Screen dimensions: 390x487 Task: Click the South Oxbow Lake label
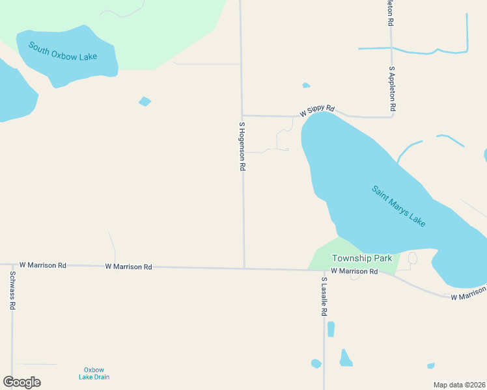pyautogui.click(x=63, y=51)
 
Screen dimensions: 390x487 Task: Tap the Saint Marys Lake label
pyautogui.click(x=398, y=207)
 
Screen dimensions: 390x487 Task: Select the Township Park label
pyautogui.click(x=361, y=258)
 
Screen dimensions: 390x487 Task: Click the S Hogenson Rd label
pyautogui.click(x=242, y=146)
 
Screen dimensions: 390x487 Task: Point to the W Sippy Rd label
pyautogui.click(x=316, y=111)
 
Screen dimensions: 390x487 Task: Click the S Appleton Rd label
pyautogui.click(x=393, y=88)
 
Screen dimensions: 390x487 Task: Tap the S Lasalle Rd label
pyautogui.click(x=324, y=296)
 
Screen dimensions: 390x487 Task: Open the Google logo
pyautogui.click(x=22, y=382)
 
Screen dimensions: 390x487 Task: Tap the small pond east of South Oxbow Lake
pyautogui.click(x=145, y=101)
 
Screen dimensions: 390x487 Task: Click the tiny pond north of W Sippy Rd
pyautogui.click(x=306, y=85)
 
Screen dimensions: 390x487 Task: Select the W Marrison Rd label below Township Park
pyautogui.click(x=354, y=271)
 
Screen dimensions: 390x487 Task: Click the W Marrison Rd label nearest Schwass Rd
pyautogui.click(x=43, y=265)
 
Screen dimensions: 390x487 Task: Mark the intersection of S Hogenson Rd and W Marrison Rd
pyautogui.click(x=244, y=267)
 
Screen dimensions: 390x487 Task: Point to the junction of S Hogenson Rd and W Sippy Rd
pyautogui.click(x=242, y=116)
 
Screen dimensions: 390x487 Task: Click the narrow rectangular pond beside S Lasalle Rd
pyautogui.click(x=331, y=329)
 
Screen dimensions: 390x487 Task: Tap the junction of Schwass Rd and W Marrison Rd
pyautogui.click(x=12, y=265)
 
